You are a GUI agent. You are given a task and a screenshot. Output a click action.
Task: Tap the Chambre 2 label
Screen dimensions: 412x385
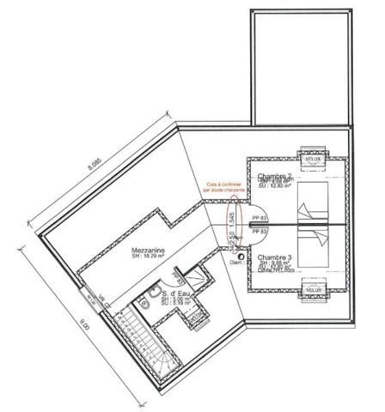coord(275,176)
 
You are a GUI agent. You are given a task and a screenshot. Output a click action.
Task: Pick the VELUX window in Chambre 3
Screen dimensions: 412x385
coord(313,292)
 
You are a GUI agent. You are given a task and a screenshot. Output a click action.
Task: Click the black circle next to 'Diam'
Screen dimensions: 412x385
coord(255,255)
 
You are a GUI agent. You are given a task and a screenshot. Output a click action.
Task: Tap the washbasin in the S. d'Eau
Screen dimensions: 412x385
coord(150,300)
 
